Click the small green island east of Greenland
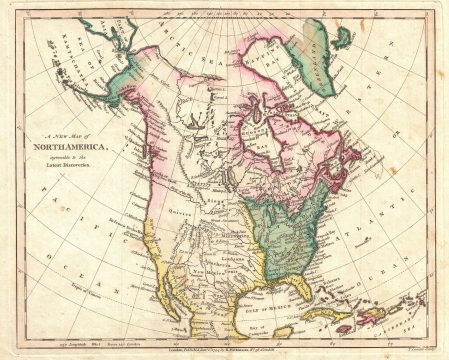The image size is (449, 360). [343, 36]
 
